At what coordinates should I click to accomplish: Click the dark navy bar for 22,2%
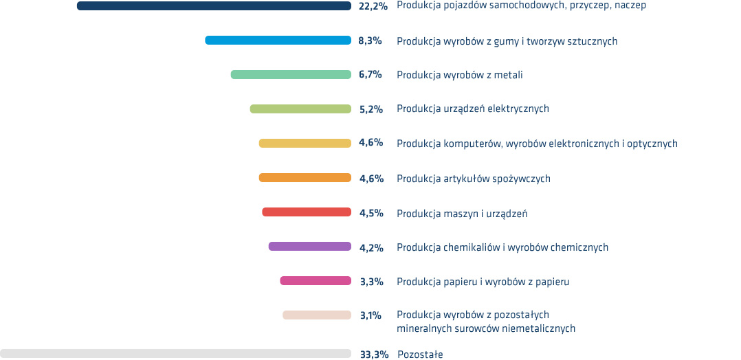pyautogui.click(x=214, y=6)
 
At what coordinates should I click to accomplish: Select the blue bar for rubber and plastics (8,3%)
pyautogui.click(x=278, y=41)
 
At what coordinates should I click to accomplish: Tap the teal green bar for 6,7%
pyautogui.click(x=291, y=75)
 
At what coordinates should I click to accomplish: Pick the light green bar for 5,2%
pyautogui.click(x=300, y=109)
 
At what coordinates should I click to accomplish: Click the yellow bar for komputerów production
pyautogui.click(x=305, y=144)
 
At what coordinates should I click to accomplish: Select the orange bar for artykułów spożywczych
pyautogui.click(x=305, y=178)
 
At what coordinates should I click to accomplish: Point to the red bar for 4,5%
pyautogui.click(x=307, y=212)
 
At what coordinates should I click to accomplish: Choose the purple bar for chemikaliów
pyautogui.click(x=309, y=247)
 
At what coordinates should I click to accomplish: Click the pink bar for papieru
pyautogui.click(x=316, y=281)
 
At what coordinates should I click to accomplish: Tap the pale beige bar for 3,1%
pyautogui.click(x=317, y=315)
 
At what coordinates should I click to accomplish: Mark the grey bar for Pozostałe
pyautogui.click(x=175, y=354)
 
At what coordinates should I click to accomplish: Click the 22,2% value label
pyautogui.click(x=373, y=6)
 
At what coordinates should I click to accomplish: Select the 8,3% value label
pyautogui.click(x=370, y=41)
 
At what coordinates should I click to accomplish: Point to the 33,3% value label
pyautogui.click(x=375, y=355)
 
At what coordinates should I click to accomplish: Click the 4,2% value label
pyautogui.click(x=371, y=247)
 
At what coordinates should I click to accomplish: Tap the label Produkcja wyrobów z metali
pyautogui.click(x=459, y=75)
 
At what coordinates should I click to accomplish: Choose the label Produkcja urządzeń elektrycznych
pyautogui.click(x=472, y=109)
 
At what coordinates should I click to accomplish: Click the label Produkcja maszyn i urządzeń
pyautogui.click(x=461, y=213)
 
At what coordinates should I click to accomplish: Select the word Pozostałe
pyautogui.click(x=420, y=355)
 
